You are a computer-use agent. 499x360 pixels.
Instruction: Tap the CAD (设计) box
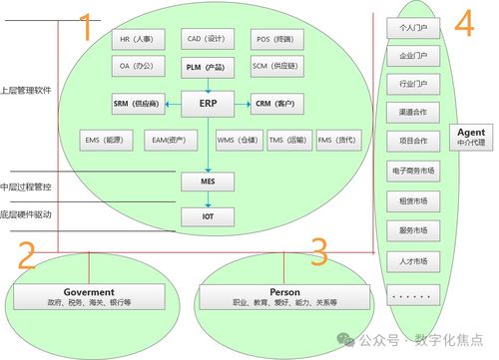click(x=207, y=41)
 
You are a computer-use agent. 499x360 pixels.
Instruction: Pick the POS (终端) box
click(x=274, y=41)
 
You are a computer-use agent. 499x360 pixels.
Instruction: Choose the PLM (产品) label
click(x=207, y=67)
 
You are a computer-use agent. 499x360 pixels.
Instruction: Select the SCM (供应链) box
click(x=274, y=67)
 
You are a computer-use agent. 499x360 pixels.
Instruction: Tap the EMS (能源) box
click(x=105, y=141)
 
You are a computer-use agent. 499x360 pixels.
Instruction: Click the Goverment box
click(x=90, y=296)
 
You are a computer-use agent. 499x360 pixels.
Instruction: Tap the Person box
click(x=269, y=296)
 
